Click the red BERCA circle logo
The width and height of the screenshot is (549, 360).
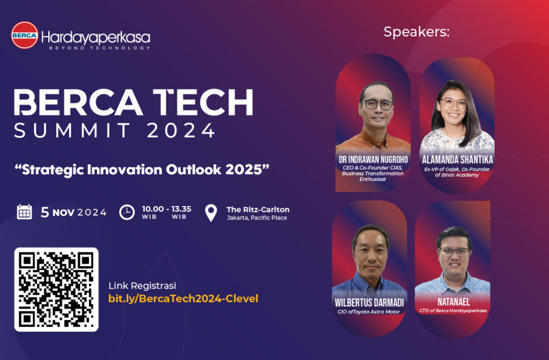[x=25, y=35]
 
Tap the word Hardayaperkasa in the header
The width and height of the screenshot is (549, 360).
[x=95, y=37]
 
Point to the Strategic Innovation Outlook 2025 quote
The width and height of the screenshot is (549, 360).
[x=142, y=169]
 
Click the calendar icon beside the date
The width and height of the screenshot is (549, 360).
[x=25, y=211]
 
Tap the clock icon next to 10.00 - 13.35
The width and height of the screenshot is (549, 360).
[x=127, y=212]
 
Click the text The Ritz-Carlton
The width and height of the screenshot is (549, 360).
[x=258, y=209]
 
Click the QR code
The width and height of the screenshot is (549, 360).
[x=56, y=289]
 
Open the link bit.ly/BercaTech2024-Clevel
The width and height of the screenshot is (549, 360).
[x=183, y=298]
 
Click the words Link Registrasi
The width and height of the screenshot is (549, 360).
[x=142, y=285]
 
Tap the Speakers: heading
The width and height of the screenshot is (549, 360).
[x=416, y=32]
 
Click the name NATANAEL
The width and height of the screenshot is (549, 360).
[x=452, y=302]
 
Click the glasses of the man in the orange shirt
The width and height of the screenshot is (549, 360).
[x=377, y=104]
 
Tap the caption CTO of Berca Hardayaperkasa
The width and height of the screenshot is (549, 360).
[x=452, y=311]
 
